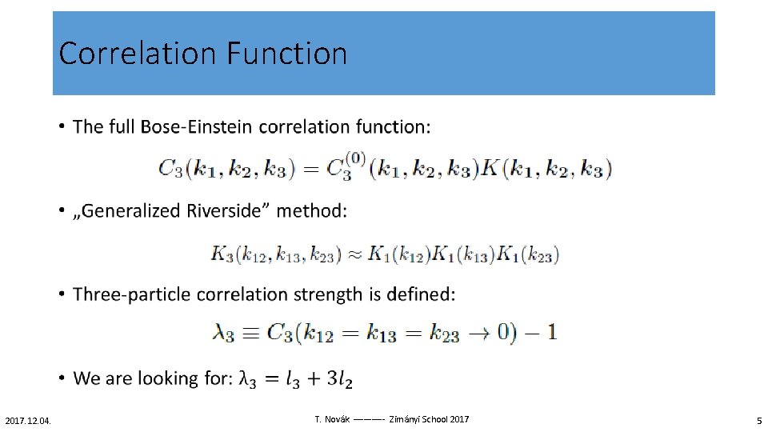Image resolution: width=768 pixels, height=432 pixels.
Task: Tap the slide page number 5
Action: (x=759, y=420)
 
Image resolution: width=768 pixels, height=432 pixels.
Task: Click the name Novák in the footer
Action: (x=334, y=419)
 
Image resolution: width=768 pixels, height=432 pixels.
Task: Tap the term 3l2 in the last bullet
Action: (x=338, y=378)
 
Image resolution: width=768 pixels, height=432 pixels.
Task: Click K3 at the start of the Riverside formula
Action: (x=222, y=254)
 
